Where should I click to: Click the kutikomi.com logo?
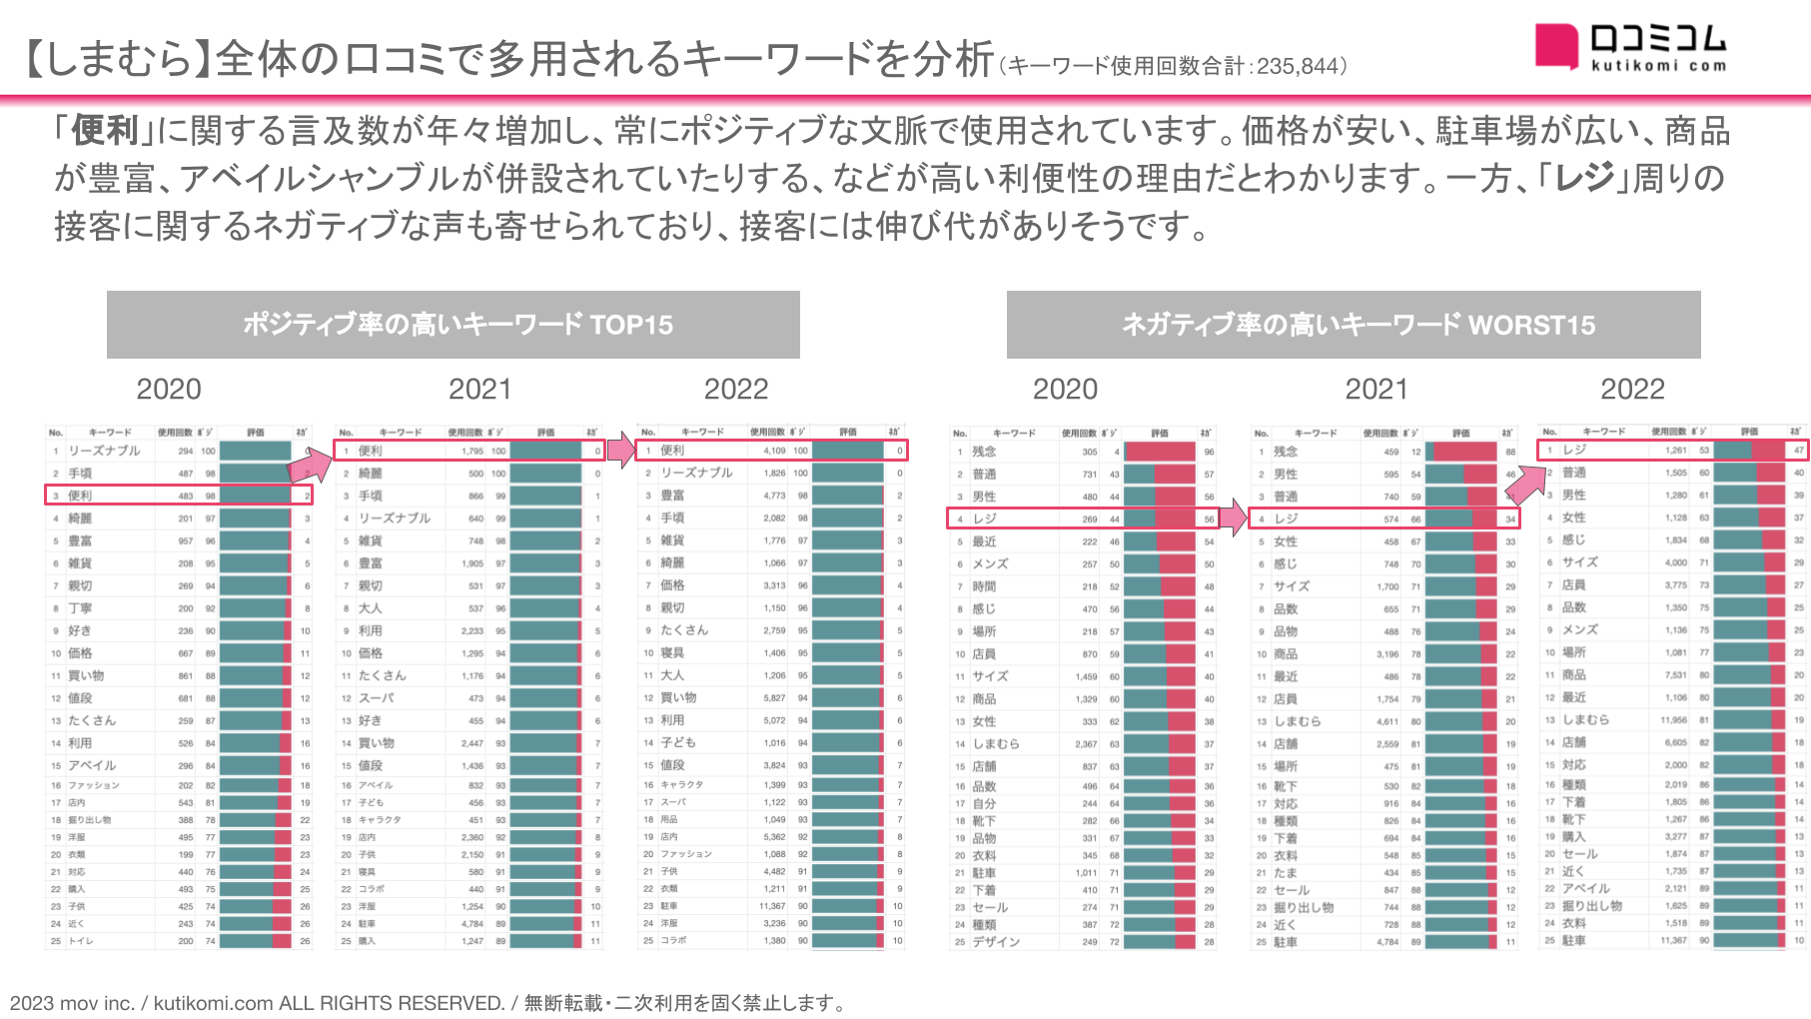point(1630,47)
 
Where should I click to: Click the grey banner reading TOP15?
point(453,325)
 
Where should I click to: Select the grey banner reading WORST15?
point(1354,325)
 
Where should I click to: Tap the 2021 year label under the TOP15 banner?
point(479,389)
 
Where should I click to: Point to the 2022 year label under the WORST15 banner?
point(1632,389)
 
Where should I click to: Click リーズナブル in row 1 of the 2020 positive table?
point(104,451)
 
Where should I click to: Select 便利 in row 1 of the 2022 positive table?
point(672,451)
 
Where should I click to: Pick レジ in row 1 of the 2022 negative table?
point(1574,450)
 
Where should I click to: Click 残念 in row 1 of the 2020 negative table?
point(984,452)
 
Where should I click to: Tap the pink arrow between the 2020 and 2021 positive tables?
point(313,464)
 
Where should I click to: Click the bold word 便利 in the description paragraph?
point(105,131)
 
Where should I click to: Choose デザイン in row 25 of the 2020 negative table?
point(995,941)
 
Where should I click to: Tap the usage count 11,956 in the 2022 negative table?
point(1673,719)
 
